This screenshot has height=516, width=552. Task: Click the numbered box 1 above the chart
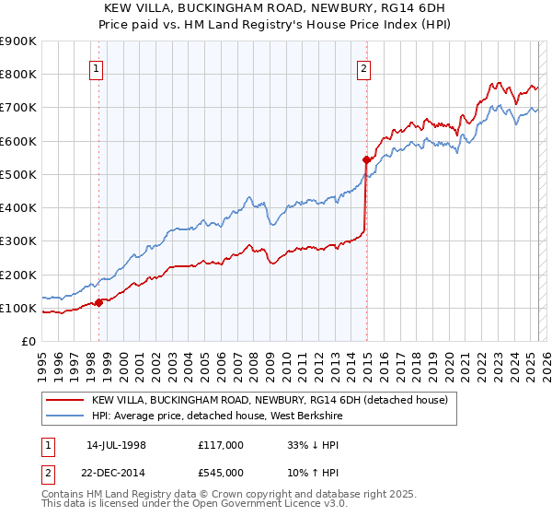(x=97, y=66)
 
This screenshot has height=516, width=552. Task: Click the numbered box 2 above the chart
(x=364, y=66)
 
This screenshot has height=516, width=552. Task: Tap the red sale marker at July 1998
(x=99, y=301)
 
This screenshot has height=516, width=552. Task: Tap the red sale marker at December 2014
(x=366, y=158)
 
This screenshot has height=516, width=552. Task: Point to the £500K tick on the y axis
(x=19, y=174)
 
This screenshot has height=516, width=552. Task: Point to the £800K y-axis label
(x=19, y=74)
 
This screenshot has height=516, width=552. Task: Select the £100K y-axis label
(x=19, y=308)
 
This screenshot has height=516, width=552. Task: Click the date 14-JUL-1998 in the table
(x=116, y=445)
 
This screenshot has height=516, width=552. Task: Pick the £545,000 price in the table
(x=220, y=475)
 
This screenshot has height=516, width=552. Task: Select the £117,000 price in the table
(x=220, y=445)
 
